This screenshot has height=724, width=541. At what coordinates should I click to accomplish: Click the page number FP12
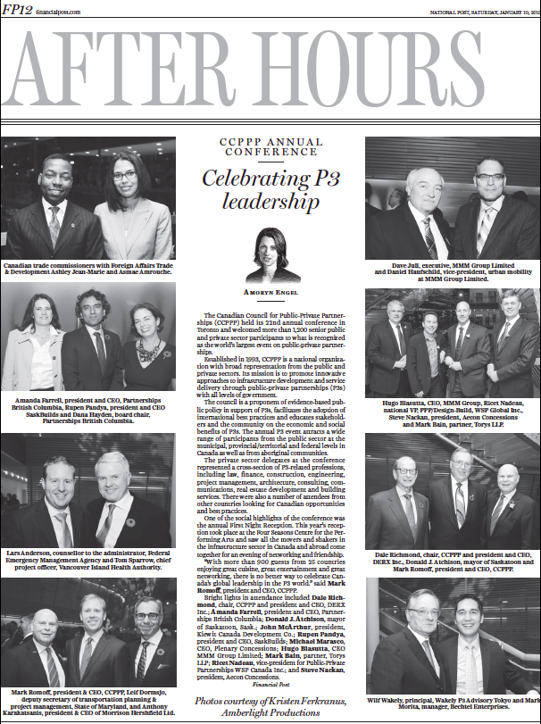click(17, 11)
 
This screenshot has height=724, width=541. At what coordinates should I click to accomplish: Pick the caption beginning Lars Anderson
click(87, 560)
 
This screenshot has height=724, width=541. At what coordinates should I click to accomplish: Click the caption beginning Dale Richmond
click(451, 563)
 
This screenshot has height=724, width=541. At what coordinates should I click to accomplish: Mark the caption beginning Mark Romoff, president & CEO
click(87, 704)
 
